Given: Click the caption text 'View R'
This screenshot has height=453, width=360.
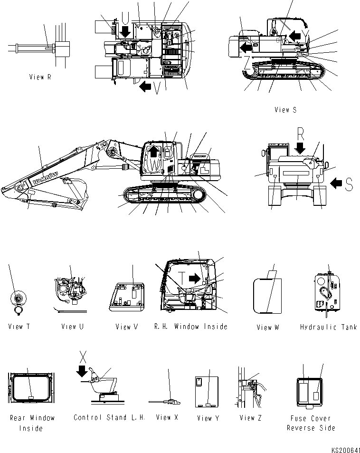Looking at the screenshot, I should coord(40,77).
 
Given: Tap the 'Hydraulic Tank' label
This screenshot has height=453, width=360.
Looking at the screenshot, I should coord(328,327).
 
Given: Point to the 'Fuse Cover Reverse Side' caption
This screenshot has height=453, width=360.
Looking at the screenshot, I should coord(311,423).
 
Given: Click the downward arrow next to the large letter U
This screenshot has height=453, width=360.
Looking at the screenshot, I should coord(126,31).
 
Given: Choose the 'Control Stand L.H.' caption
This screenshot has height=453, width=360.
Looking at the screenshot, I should coord(109,418).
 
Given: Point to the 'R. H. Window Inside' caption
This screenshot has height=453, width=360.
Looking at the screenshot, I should coord(191,327).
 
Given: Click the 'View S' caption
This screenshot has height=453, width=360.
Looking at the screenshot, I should coord(285,110).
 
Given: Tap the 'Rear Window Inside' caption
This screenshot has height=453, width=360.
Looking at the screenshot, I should coord(32,423).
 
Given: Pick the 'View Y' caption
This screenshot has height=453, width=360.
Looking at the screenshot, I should coord(208,418).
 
